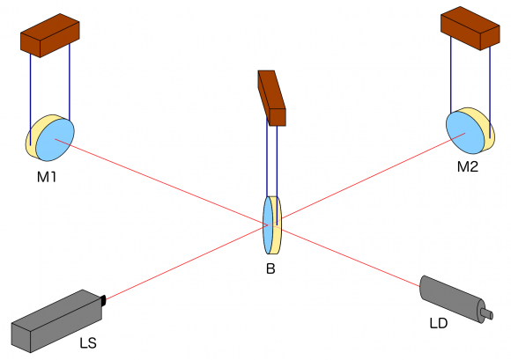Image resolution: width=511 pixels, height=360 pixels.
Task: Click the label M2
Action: [468, 166]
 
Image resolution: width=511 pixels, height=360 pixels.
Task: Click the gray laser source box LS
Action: [55, 320]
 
